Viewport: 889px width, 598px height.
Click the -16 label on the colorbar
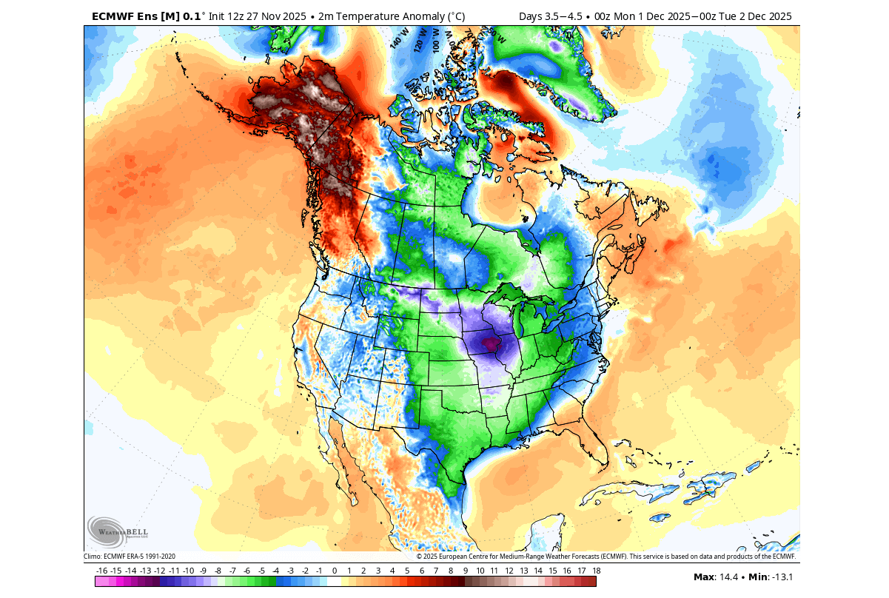(x=102, y=571)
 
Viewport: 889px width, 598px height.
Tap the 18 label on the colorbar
(x=596, y=571)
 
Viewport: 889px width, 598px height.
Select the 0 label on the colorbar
(x=335, y=571)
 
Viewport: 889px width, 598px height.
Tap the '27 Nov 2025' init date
(x=263, y=16)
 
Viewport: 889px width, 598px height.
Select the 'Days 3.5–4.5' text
(x=549, y=16)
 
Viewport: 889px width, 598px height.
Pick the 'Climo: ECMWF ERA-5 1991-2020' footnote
(x=130, y=557)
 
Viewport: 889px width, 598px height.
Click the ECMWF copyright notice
(x=605, y=557)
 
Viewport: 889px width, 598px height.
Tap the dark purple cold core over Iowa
(x=489, y=343)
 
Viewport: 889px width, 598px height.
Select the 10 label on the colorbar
(x=480, y=571)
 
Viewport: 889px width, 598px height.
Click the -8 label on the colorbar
(x=218, y=571)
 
